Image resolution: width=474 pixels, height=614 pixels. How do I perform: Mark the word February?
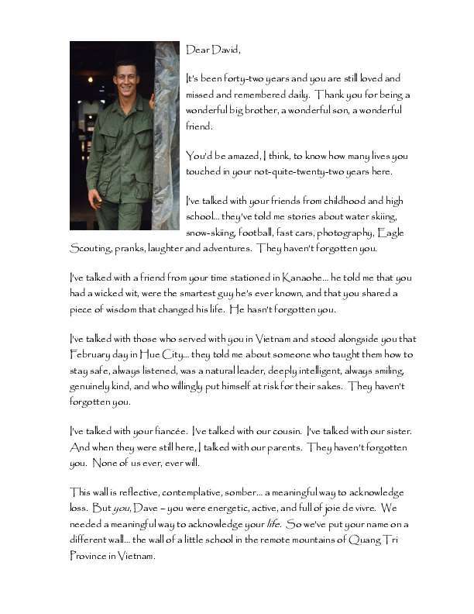pos(93,354)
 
